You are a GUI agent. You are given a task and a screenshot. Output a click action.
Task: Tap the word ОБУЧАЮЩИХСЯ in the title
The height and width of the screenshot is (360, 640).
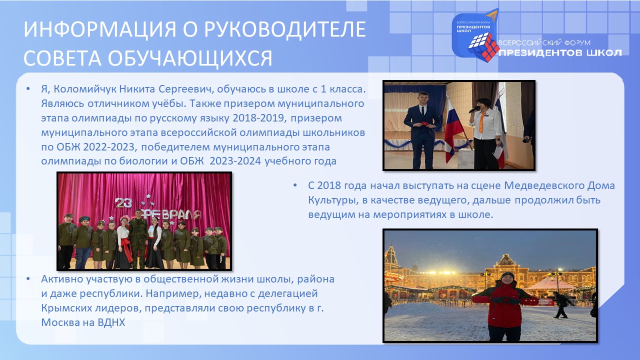189,58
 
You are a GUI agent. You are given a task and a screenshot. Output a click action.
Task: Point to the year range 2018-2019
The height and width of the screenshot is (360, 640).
259,118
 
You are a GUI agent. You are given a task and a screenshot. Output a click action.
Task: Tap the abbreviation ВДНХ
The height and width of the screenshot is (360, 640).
111,322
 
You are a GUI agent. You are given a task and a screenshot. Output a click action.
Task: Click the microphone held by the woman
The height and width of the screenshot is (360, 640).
474,108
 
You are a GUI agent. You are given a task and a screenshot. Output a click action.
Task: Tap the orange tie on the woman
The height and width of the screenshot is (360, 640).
483,121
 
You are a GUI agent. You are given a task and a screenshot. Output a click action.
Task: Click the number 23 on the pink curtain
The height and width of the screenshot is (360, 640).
123,203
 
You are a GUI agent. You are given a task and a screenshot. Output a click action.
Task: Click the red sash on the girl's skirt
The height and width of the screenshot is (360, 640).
126,248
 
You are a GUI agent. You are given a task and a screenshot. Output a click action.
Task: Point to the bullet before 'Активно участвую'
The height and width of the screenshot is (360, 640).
28,279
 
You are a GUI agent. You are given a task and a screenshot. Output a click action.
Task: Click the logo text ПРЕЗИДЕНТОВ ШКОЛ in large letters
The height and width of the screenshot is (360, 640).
560,53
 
